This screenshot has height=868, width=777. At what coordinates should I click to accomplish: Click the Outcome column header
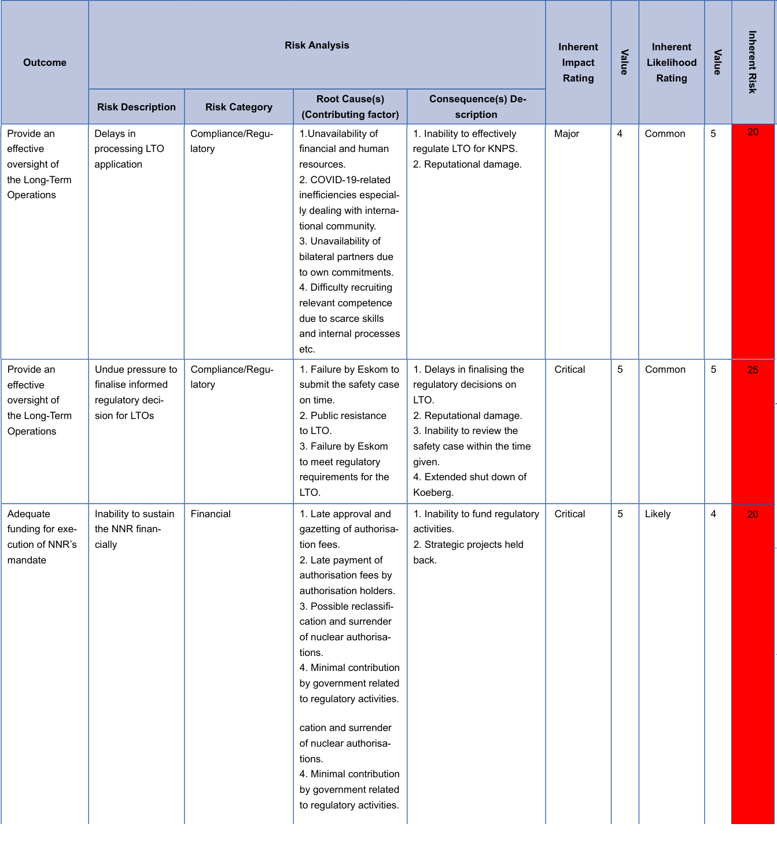(x=45, y=62)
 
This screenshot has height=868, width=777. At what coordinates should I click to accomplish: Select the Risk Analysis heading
(x=316, y=45)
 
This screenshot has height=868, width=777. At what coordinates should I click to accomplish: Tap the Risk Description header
(x=136, y=107)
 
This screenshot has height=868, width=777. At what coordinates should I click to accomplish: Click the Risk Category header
(x=238, y=107)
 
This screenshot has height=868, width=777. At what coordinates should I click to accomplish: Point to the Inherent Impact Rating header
(x=578, y=62)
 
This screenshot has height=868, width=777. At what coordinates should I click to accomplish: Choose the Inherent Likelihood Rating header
(x=671, y=62)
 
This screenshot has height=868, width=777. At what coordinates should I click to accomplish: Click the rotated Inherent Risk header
(x=752, y=62)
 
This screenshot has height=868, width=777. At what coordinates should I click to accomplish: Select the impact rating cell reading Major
(x=566, y=133)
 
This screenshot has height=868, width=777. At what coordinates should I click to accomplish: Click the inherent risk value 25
(x=752, y=370)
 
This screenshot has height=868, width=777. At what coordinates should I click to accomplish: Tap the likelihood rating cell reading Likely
(x=658, y=514)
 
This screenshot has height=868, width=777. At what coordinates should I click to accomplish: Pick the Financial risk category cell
(x=211, y=514)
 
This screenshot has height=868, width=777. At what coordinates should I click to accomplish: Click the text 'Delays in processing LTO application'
(x=129, y=149)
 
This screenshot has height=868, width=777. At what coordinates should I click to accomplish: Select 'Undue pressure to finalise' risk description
(x=135, y=392)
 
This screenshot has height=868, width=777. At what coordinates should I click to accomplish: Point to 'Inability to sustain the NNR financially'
(x=134, y=529)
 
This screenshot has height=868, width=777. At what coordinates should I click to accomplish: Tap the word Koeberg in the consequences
(x=432, y=492)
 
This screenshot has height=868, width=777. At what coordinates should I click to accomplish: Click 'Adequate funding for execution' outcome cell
(x=42, y=536)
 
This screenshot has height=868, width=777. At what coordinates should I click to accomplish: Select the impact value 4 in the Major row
(x=620, y=133)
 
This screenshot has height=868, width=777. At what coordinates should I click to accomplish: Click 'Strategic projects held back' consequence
(x=468, y=552)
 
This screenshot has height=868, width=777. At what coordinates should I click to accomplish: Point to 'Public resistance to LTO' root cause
(x=343, y=423)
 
